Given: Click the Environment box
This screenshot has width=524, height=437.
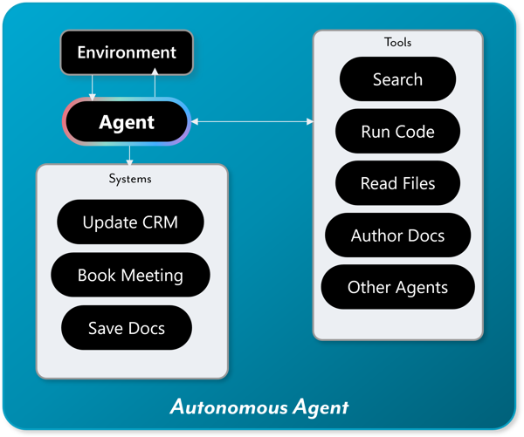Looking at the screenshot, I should click(126, 52).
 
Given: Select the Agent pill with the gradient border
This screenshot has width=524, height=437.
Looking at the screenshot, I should click(126, 122).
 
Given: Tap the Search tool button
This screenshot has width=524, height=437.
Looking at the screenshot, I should click(397, 79).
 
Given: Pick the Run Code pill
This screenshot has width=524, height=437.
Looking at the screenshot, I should click(397, 132).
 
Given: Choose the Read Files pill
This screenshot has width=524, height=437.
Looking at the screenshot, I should click(397, 183).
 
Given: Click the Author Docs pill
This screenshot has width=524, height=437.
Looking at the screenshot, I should click(397, 236).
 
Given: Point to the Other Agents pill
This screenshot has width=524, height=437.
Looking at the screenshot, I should click(397, 287).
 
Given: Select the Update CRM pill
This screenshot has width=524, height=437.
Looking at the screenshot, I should click(130, 222).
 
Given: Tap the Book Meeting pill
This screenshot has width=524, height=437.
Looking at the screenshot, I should click(130, 276).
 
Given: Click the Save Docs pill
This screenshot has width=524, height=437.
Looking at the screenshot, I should click(127, 328).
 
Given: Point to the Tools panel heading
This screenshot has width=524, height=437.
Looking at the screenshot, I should click(397, 42).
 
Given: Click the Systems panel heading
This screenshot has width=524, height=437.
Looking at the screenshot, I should click(130, 178).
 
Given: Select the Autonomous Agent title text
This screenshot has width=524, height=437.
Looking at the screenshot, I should click(259, 406).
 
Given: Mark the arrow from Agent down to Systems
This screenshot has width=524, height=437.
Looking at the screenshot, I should click(130, 155).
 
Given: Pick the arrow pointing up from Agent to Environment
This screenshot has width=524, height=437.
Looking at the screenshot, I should click(155, 85).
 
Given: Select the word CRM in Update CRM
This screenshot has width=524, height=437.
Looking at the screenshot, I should click(160, 222).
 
